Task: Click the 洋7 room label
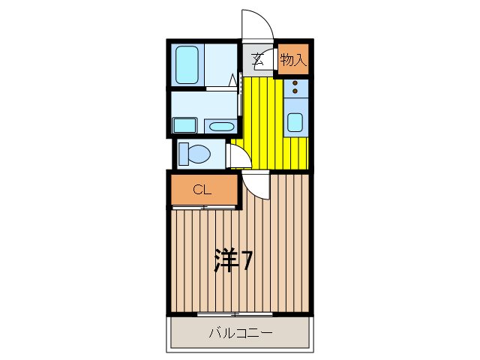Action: (x=232, y=260)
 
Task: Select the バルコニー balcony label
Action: (x=240, y=332)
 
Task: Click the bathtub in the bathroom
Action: (x=186, y=65)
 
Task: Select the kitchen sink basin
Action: (x=295, y=122)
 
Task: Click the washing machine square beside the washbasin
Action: (x=184, y=124)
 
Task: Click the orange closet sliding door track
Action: (x=202, y=207)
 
